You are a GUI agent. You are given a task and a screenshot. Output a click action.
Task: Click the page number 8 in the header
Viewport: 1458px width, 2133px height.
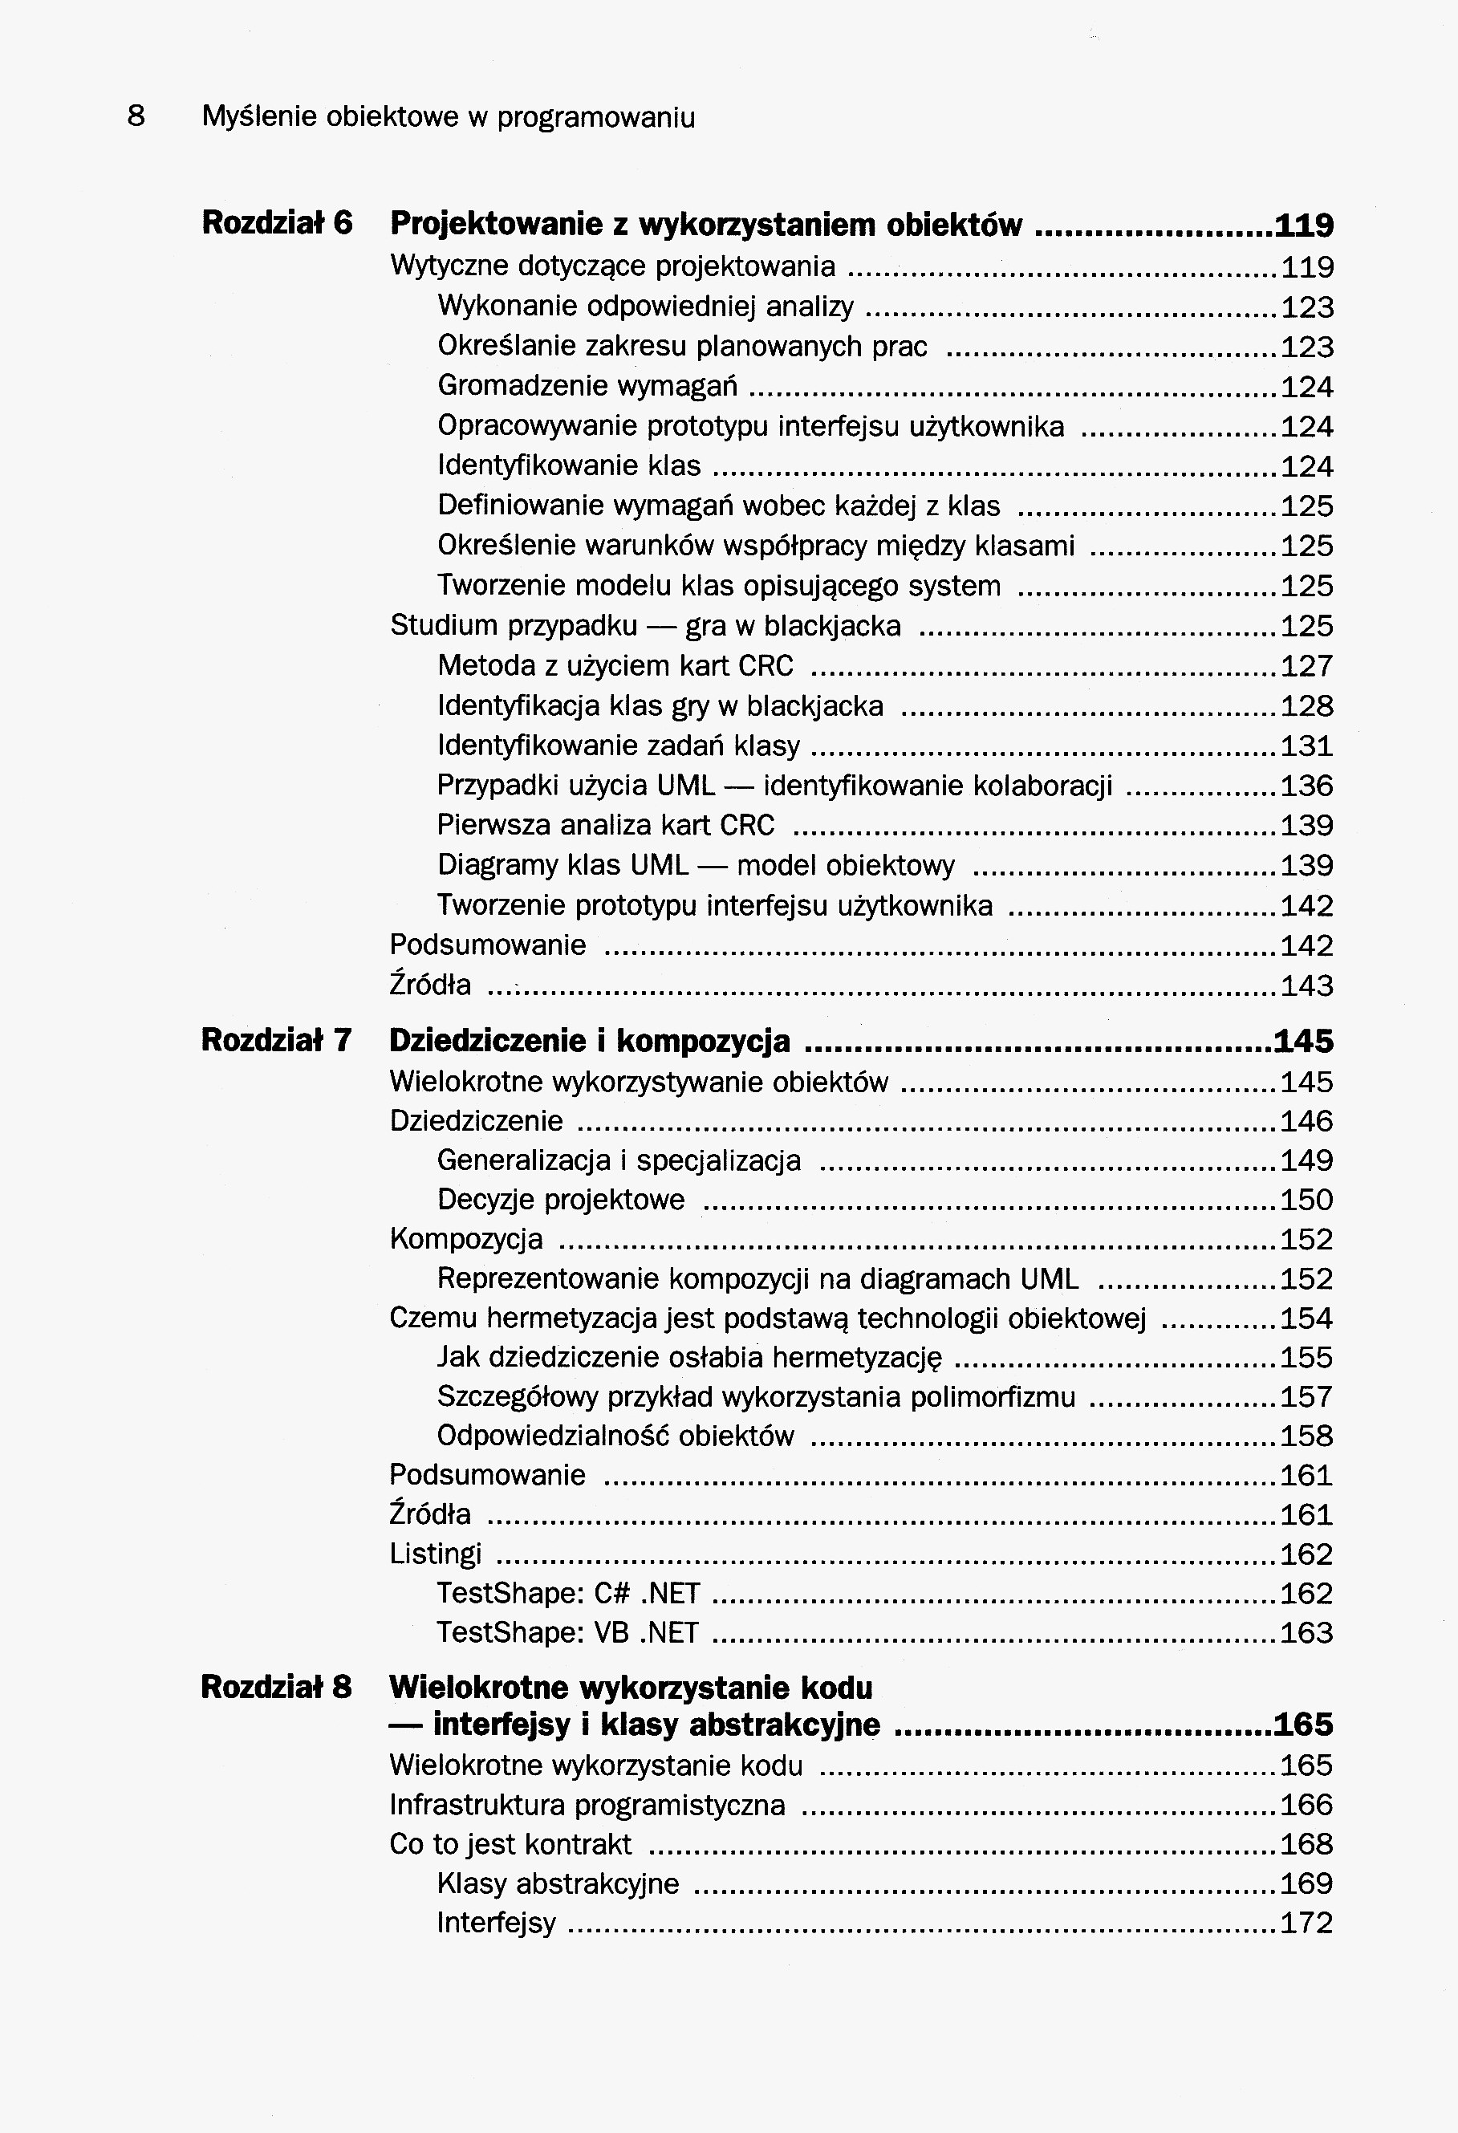point(136,116)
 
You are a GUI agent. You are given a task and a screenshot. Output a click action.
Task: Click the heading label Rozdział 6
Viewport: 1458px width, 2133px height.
point(277,223)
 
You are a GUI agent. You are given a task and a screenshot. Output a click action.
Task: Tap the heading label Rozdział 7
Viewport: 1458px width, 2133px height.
point(276,1040)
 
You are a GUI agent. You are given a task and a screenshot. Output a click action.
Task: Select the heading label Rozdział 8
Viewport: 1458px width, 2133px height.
point(276,1687)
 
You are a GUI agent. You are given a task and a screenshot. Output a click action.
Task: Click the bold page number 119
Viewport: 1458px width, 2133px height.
point(1304,225)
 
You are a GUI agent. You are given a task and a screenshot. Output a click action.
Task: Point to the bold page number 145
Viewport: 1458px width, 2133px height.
point(1303,1041)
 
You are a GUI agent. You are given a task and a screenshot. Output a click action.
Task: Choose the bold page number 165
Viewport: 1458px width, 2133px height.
point(1303,1725)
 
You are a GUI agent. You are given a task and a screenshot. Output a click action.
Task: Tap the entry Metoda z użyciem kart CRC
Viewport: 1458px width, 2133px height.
point(615,665)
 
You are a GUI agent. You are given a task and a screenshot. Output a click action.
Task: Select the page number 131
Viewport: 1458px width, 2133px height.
point(1306,746)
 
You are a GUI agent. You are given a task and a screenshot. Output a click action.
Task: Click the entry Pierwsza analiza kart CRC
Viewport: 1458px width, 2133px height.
point(606,825)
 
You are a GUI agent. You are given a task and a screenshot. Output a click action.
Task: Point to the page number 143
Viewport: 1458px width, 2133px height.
point(1306,985)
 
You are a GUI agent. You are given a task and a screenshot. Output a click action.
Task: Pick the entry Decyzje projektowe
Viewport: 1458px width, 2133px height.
point(561,1200)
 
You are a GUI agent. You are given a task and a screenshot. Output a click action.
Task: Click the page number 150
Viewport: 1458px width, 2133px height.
point(1306,1200)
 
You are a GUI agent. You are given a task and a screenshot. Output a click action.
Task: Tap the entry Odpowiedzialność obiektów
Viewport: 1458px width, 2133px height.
point(615,1436)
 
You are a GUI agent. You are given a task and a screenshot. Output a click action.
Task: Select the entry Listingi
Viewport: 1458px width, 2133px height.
point(436,1554)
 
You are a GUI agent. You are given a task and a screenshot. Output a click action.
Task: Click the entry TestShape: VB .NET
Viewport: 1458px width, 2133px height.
point(568,1633)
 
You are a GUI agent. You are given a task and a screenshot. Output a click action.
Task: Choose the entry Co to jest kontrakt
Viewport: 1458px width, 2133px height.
point(510,1844)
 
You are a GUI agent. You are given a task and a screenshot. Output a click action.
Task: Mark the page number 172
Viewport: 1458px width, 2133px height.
point(1306,1923)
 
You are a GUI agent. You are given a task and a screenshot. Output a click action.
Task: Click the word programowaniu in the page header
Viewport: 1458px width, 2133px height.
point(596,117)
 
